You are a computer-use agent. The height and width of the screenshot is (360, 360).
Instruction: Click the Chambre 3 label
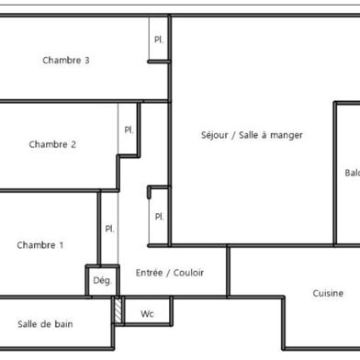[x=65, y=61]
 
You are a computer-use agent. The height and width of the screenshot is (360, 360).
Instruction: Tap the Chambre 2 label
[x=52, y=144]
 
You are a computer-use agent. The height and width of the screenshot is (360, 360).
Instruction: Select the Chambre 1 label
[x=40, y=245]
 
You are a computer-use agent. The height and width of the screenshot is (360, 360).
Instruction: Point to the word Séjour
[x=218, y=135]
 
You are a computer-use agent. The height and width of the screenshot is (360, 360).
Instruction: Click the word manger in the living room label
[x=286, y=135]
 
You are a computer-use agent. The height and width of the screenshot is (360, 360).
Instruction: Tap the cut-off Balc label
[x=352, y=173]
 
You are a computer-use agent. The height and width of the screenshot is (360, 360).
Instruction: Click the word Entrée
[x=150, y=273]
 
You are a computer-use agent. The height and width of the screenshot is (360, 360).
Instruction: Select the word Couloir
[x=186, y=273]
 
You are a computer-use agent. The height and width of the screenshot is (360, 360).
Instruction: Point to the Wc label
[x=147, y=313]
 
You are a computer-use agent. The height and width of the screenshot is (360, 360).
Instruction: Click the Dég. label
[x=101, y=281]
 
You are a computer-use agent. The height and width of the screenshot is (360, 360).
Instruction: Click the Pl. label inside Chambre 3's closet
[x=158, y=39]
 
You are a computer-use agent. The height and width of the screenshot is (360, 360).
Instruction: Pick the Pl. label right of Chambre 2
[x=129, y=129]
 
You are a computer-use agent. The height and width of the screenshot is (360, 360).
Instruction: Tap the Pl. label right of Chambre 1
[x=109, y=229]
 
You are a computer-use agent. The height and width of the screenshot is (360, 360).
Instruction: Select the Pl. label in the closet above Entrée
[x=159, y=217]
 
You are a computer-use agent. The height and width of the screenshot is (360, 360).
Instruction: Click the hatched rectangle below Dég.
[x=117, y=309]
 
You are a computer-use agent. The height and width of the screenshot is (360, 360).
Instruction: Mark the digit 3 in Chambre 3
[x=86, y=61]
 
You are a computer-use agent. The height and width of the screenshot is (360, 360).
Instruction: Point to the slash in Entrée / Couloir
[x=167, y=273]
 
